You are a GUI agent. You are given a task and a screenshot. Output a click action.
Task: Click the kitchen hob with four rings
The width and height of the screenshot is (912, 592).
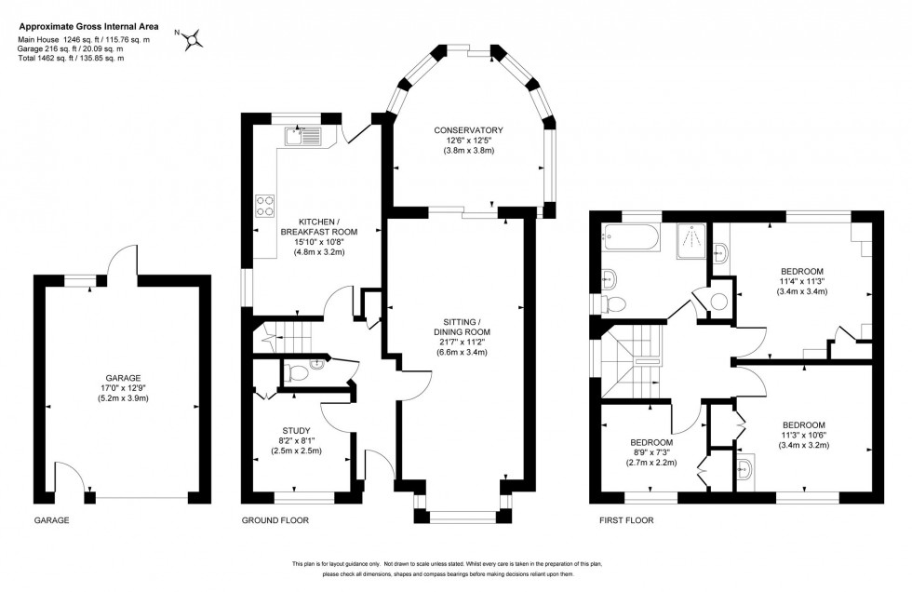(264, 205)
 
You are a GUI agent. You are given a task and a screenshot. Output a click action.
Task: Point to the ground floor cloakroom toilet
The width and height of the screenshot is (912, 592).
(297, 372)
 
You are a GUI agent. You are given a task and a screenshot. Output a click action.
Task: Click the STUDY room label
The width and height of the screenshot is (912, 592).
(296, 430)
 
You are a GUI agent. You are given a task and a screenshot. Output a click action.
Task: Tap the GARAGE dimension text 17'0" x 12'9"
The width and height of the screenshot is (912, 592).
(116, 387)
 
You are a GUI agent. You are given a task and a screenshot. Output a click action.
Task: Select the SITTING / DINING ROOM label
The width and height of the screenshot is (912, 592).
(462, 330)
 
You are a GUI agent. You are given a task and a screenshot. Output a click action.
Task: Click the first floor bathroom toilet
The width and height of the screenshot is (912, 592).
(611, 303)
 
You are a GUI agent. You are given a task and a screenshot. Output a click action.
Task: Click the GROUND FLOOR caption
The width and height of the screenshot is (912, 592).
(275, 520)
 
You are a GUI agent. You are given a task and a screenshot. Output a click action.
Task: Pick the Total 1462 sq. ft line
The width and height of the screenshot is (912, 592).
(71, 59)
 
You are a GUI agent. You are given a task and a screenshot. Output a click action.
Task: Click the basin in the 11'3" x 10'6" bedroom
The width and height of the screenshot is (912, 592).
(746, 466)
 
